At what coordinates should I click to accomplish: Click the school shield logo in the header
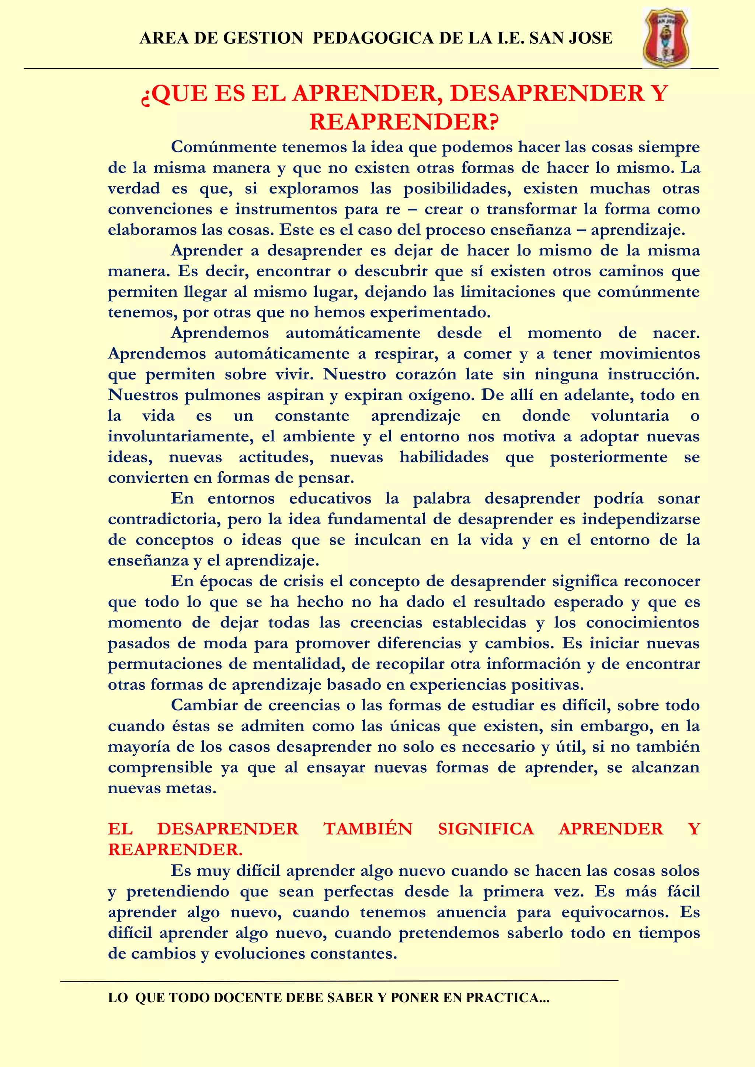tap(666, 38)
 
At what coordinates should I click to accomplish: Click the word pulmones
tap(222, 395)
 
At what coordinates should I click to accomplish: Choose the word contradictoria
tap(164, 519)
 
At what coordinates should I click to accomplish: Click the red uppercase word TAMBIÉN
tap(368, 829)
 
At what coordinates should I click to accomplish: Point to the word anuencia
tap(472, 912)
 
